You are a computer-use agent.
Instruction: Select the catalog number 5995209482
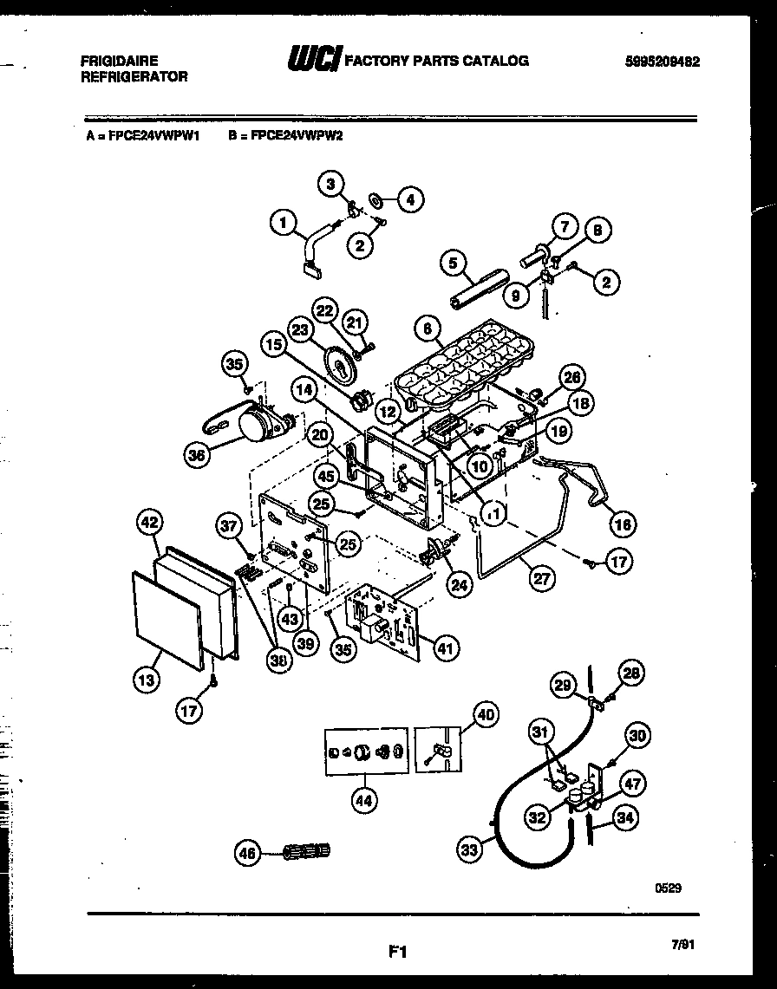point(661,62)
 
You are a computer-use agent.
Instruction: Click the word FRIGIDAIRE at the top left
point(119,61)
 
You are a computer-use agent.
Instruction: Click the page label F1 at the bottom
point(397,952)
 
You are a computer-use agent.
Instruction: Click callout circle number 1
point(283,224)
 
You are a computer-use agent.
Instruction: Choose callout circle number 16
point(623,524)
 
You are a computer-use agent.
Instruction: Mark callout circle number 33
point(470,850)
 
